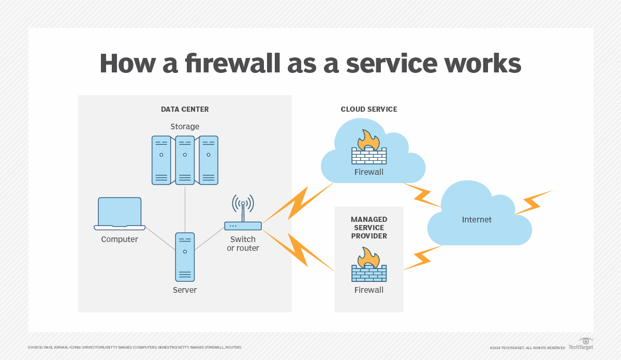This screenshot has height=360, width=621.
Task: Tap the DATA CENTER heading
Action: coord(185,109)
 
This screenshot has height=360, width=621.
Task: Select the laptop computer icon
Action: coord(120,214)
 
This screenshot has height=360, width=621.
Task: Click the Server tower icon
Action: coord(185,257)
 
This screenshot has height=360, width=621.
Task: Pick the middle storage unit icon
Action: coord(185,160)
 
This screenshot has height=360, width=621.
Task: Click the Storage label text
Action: coord(185,126)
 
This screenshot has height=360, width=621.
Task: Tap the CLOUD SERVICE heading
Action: coord(368,109)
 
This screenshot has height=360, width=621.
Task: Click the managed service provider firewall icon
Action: coord(369,265)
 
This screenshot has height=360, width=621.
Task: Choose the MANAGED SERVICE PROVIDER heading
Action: coord(368,228)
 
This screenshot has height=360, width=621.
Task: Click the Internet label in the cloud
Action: coord(477,220)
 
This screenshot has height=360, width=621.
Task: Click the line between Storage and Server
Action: coord(185,208)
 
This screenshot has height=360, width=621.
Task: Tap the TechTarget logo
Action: coord(581,344)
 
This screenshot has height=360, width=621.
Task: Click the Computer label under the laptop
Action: coord(120,239)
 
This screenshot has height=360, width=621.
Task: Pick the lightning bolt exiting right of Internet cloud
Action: coord(533,202)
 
